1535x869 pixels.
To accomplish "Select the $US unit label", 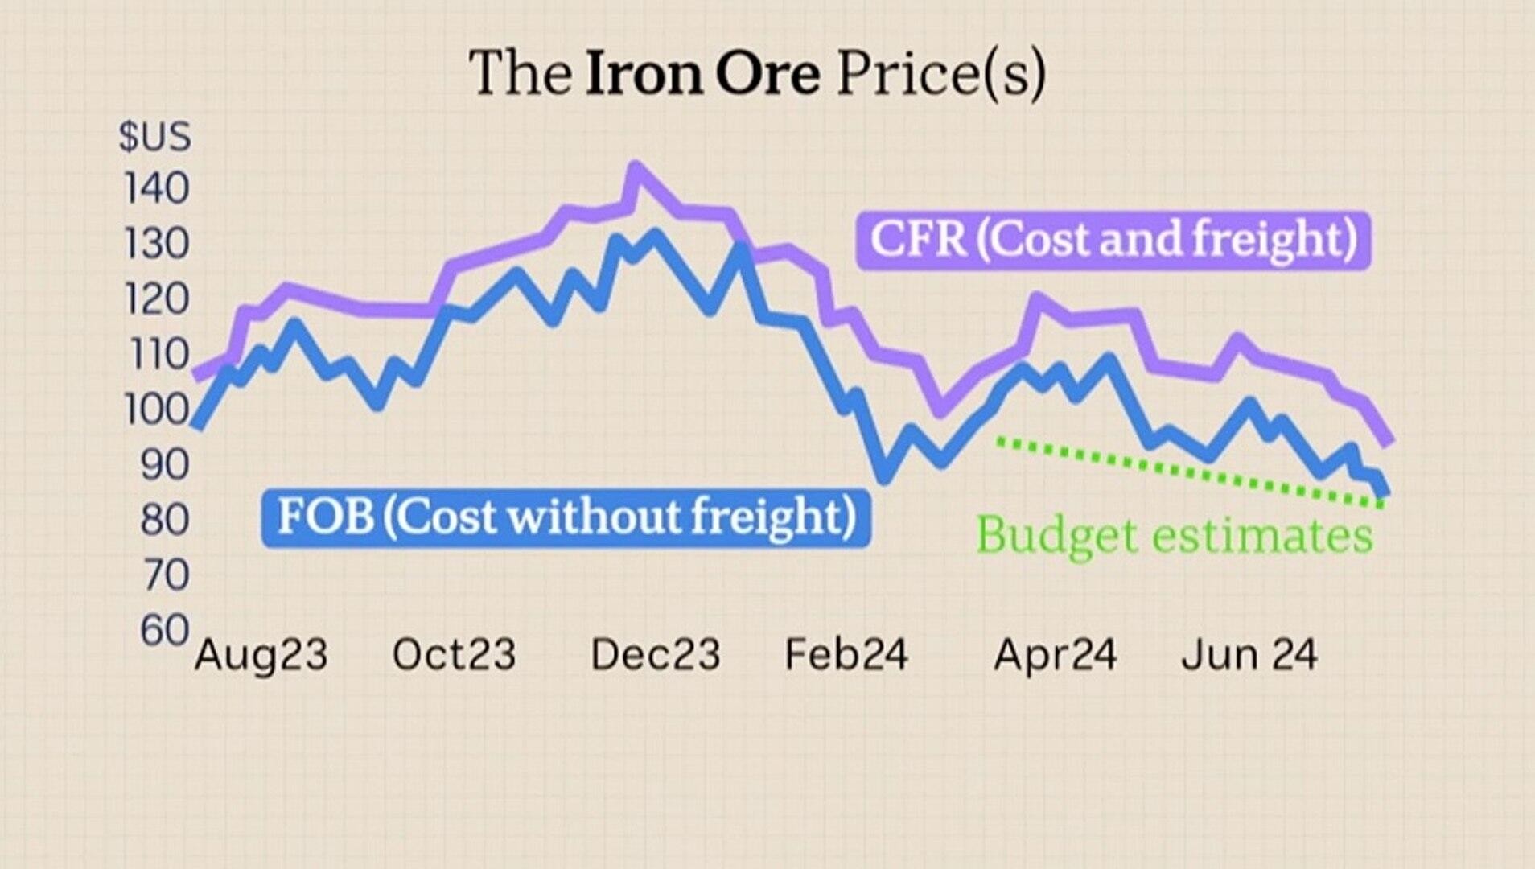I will point(154,136).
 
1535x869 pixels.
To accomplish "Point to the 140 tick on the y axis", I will point(156,189).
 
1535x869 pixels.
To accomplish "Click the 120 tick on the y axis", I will point(156,299).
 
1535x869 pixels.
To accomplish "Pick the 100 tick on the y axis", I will point(156,410).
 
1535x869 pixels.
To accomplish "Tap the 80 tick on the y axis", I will point(164,520).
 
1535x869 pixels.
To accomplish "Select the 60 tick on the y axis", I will point(164,630).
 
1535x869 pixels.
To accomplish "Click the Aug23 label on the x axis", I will point(261,655).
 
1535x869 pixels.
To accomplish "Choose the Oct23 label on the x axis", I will point(454,655).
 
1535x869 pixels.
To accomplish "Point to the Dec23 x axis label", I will point(655,655).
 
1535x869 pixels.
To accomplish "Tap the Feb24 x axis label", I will point(846,655).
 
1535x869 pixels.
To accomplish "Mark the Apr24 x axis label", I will point(1055,655).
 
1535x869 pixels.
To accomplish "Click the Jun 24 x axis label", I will point(1249,655).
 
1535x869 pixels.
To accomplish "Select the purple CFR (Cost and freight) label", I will point(1113,240).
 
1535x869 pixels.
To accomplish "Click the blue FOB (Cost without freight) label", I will point(566,517).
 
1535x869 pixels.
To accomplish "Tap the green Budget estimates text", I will point(1174,535).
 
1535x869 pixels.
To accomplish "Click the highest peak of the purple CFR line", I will point(636,169).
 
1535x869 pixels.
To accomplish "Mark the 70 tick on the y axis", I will point(164,575).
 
